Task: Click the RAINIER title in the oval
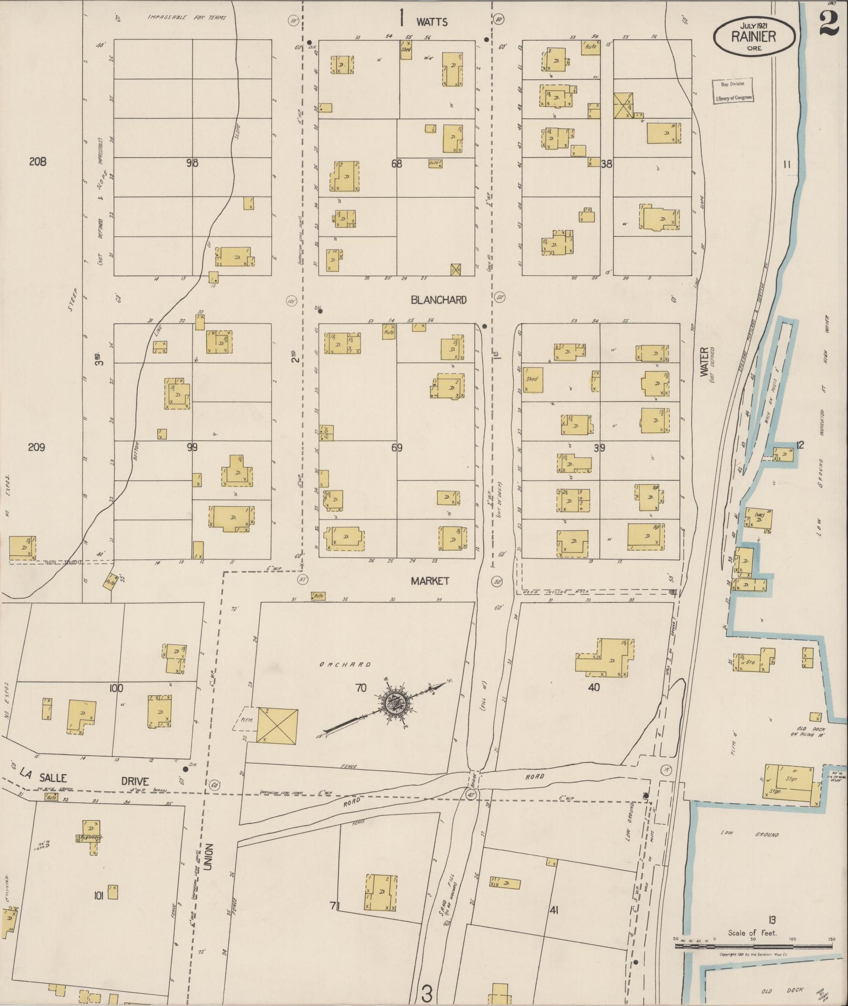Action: [753, 36]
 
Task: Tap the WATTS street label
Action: [432, 22]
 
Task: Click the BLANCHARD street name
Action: [438, 300]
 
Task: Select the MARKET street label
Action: [430, 581]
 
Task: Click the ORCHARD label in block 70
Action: [345, 665]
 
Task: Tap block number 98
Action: [192, 163]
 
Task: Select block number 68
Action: [396, 164]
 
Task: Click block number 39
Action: [599, 448]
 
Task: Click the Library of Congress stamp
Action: [733, 91]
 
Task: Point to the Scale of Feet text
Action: [752, 933]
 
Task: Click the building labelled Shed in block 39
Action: [532, 380]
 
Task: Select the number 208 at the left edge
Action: [37, 161]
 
